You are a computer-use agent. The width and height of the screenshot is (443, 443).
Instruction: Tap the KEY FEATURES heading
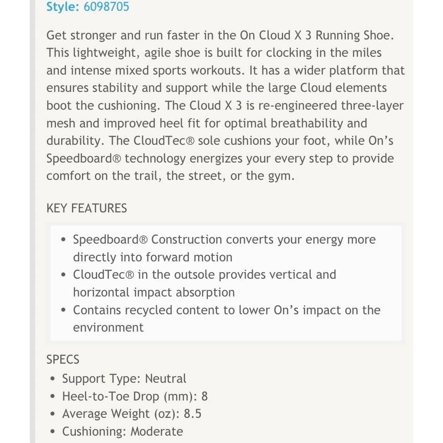click(x=87, y=208)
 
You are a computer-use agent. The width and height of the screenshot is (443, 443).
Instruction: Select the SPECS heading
click(x=63, y=360)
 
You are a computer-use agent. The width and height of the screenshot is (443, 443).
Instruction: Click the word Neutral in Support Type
click(x=166, y=378)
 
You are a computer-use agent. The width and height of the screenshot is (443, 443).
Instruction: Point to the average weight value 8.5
click(x=192, y=414)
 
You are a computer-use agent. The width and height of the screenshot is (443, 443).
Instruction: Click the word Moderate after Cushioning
click(x=156, y=431)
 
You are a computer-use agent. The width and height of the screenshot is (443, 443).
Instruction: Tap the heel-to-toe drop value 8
click(x=205, y=396)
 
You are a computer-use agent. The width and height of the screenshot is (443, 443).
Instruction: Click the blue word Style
click(x=60, y=7)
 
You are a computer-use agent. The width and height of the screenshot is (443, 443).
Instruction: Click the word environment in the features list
click(x=108, y=327)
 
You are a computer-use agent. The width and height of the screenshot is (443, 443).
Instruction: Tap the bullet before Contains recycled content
click(x=63, y=310)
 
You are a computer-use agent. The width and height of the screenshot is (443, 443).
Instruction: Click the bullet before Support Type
click(x=52, y=379)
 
